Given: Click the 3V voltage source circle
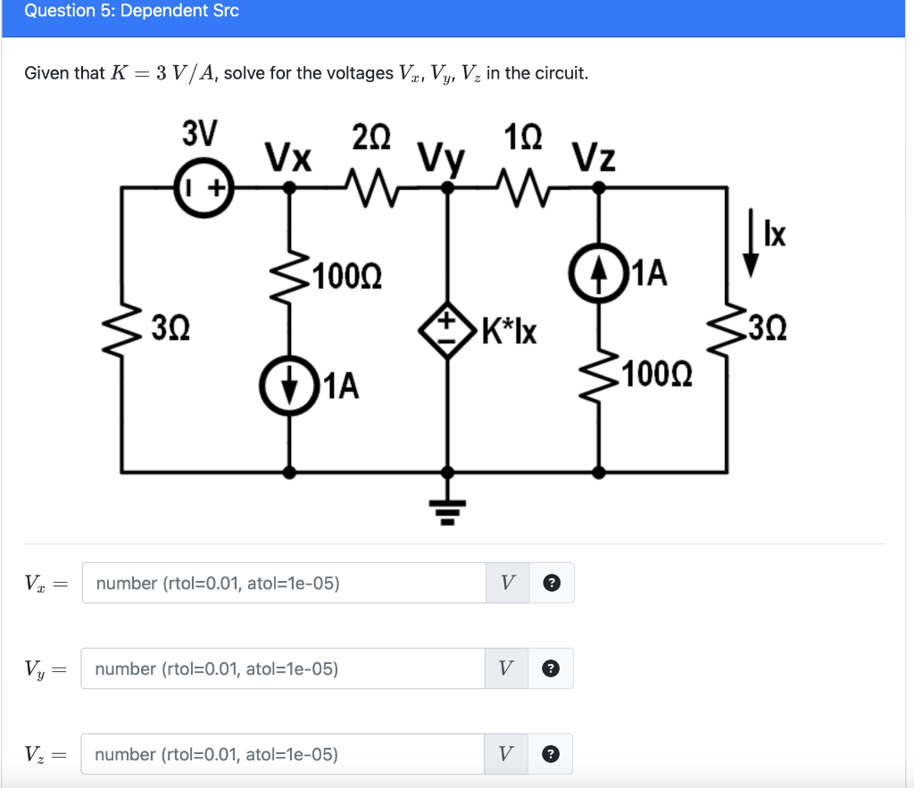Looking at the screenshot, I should [x=204, y=187].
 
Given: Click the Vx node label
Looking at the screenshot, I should [x=288, y=158].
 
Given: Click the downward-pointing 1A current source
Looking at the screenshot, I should [x=287, y=386].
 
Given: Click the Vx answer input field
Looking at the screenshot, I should [x=284, y=584].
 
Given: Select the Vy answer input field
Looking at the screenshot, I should [x=284, y=668].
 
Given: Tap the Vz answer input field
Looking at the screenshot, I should [x=284, y=754].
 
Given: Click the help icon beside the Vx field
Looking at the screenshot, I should [x=553, y=584].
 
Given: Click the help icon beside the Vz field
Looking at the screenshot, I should [x=553, y=754].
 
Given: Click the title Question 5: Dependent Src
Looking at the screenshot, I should [x=131, y=12].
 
